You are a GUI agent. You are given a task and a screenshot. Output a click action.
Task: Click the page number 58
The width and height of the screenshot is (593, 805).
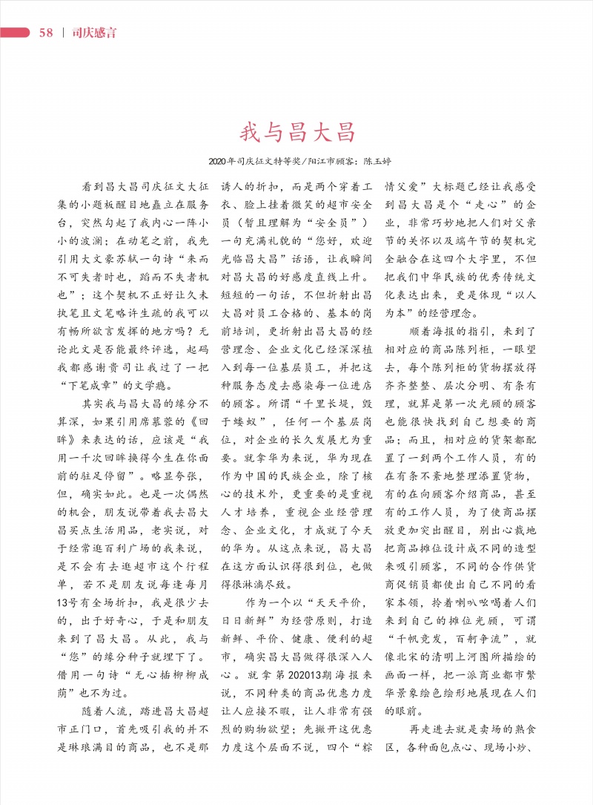tap(46, 33)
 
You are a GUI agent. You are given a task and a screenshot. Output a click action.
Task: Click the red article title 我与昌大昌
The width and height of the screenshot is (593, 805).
tap(297, 133)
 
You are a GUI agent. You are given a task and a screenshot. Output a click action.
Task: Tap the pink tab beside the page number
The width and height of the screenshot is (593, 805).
tap(15, 33)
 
